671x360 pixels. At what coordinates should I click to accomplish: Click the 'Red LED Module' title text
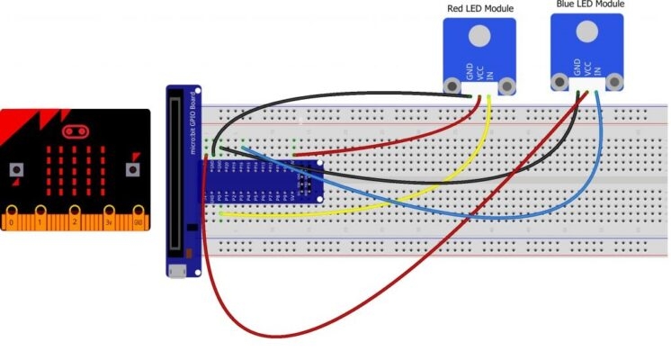click(x=481, y=9)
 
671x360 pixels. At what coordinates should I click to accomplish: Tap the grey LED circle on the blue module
click(x=587, y=29)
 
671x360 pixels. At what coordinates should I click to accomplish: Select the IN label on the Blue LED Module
click(x=598, y=67)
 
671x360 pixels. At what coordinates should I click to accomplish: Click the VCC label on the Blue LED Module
click(x=588, y=67)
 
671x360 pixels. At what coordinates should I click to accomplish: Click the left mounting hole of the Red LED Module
click(x=452, y=86)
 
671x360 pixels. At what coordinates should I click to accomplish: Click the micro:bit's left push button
click(x=15, y=169)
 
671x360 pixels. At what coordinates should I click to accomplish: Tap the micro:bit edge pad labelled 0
click(x=12, y=220)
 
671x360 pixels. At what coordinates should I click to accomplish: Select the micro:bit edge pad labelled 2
click(x=75, y=220)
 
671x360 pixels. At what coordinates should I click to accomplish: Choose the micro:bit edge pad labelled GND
click(x=138, y=220)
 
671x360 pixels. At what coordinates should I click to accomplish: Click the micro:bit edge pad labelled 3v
click(x=107, y=220)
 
